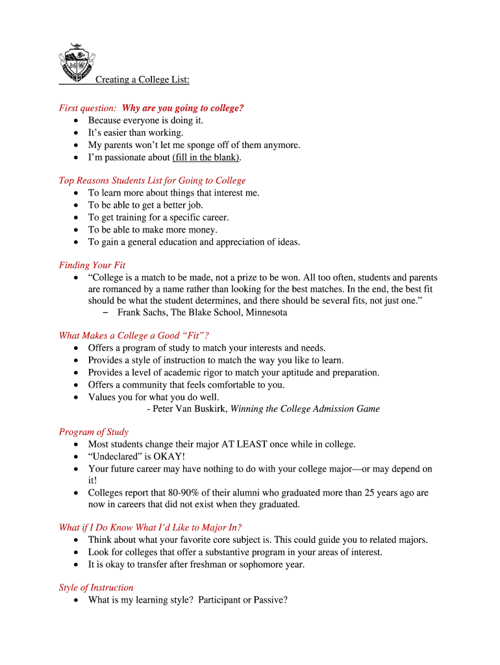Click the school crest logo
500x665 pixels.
coord(75,64)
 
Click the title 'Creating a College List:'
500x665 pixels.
coord(142,80)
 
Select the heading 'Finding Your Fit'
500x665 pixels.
coord(92,265)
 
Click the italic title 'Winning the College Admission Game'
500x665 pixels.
coord(305,408)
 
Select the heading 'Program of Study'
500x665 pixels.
coord(94,432)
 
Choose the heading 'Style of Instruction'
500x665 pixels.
coord(96,588)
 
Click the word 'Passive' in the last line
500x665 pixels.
coord(270,600)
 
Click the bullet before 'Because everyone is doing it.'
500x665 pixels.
coord(77,121)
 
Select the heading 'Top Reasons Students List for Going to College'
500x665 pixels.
coord(152,181)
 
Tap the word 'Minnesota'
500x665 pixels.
coord(266,312)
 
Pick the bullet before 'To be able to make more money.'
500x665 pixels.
coord(77,230)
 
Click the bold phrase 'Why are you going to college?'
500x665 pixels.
coord(183,108)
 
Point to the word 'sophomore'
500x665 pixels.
coord(264,564)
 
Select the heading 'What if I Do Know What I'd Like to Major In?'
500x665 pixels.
coord(150,527)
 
